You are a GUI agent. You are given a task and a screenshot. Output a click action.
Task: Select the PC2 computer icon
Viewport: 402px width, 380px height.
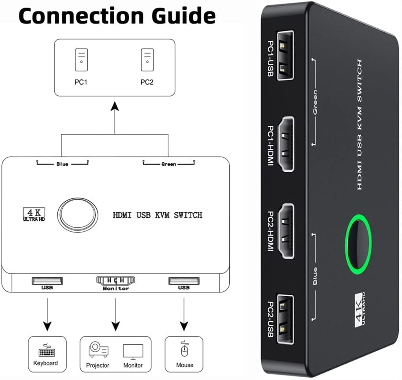pyautogui.click(x=147, y=60)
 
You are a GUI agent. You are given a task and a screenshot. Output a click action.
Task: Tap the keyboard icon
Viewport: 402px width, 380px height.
pyautogui.click(x=45, y=351)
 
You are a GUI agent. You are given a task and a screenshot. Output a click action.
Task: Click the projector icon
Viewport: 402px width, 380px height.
pyautogui.click(x=98, y=350)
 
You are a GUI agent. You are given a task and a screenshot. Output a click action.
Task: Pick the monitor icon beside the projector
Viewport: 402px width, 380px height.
pyautogui.click(x=133, y=351)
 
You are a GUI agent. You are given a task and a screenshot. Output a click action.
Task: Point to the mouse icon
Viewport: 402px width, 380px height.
pyautogui.click(x=184, y=351)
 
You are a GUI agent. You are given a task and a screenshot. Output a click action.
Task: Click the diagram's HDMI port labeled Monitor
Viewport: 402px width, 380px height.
pyautogui.click(x=115, y=280)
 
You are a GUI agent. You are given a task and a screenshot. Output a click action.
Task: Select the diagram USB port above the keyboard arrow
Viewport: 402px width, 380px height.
pyautogui.click(x=47, y=280)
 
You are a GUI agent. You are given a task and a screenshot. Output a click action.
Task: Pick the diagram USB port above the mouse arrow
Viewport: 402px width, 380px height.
pyautogui.click(x=184, y=280)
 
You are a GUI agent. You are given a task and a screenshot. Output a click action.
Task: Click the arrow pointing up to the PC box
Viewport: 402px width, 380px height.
pyautogui.click(x=115, y=115)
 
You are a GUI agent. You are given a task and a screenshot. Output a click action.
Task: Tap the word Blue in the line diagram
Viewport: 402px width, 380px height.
pyautogui.click(x=62, y=164)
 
